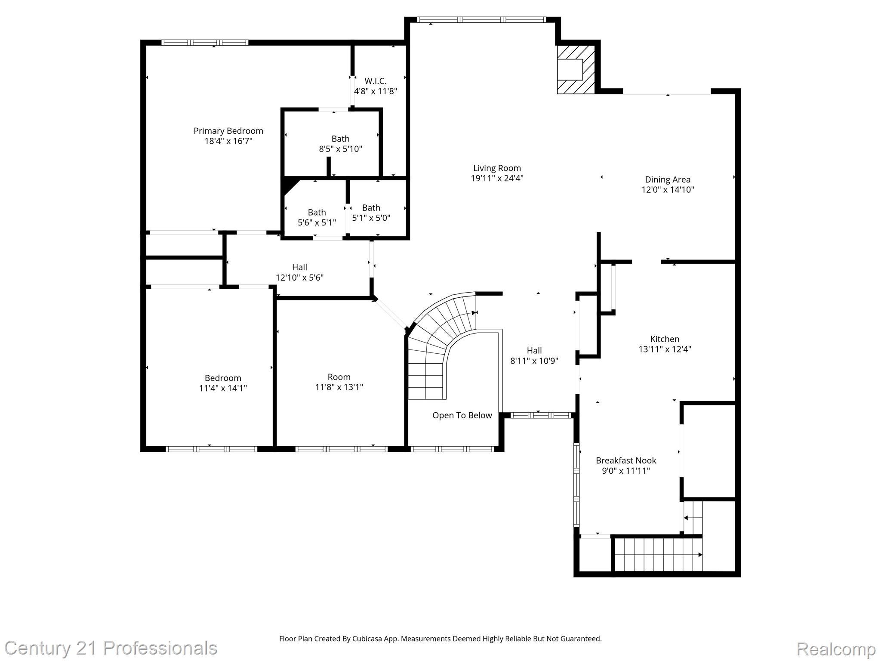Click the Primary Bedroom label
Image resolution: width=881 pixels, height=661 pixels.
tap(228, 131)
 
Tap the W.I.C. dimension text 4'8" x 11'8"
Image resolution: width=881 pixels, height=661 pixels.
tap(375, 91)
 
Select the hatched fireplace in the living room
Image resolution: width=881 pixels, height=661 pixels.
tap(576, 69)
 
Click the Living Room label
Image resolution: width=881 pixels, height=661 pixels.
tap(497, 168)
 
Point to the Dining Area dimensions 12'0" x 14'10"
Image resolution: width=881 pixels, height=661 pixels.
tap(668, 190)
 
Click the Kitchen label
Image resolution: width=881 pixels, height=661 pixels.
tap(665, 339)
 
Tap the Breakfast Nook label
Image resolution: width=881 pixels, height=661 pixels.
tap(625, 460)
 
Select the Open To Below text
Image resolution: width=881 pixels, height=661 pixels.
tap(462, 415)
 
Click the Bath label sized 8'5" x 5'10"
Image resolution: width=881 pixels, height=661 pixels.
tap(340, 139)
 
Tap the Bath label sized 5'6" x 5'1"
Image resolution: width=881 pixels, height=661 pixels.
tap(317, 213)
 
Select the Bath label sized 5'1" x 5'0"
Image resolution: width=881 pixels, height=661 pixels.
tap(371, 208)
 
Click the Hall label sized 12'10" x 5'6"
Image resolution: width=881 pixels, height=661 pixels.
tap(299, 267)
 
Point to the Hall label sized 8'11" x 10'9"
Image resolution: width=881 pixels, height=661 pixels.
tap(534, 351)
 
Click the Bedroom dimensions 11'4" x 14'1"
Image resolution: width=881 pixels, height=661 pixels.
tap(223, 388)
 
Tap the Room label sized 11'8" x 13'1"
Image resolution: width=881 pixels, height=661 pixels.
tap(339, 377)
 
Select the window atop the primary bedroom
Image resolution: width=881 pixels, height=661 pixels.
tap(205, 42)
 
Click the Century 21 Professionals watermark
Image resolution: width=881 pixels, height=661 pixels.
tap(111, 648)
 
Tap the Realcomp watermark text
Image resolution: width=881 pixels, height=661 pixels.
tap(836, 649)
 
